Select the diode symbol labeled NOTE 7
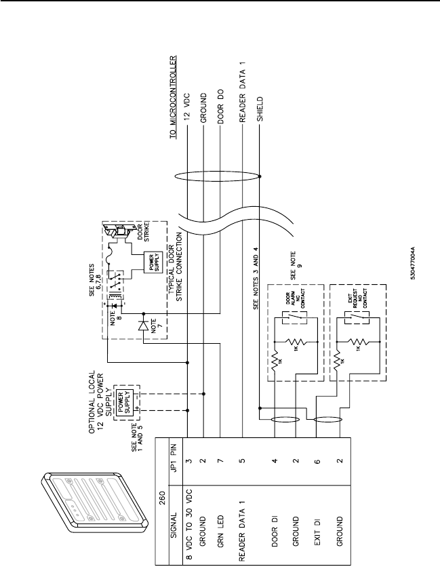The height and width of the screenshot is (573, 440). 143,325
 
